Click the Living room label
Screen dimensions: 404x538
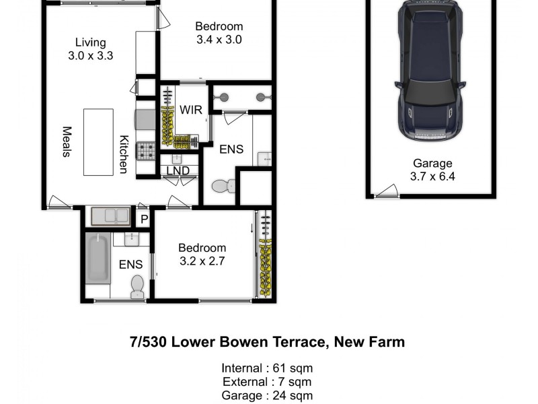[x=90, y=48]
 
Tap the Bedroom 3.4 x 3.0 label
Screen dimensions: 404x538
[x=219, y=33]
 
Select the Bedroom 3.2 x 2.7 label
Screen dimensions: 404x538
[x=201, y=255]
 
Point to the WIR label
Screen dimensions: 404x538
[x=186, y=109]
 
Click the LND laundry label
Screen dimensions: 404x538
[x=178, y=170]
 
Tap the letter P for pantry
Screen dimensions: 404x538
[x=143, y=219]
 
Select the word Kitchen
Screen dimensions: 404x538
[x=124, y=154]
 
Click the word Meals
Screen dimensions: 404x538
[x=67, y=141]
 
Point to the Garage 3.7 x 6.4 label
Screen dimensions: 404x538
[x=432, y=170]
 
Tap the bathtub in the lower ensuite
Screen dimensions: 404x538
[x=98, y=258]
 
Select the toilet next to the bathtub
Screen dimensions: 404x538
[x=137, y=286]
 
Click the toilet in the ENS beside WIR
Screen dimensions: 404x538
[x=221, y=186]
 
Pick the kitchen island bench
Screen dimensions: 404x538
[x=98, y=141]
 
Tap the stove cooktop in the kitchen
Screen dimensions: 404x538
[x=146, y=150]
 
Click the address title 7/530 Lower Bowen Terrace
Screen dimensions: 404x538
[x=267, y=342]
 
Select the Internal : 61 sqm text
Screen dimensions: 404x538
[x=267, y=368]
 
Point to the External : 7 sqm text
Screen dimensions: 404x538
[x=267, y=382]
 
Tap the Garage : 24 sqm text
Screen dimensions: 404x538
[x=267, y=396]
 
